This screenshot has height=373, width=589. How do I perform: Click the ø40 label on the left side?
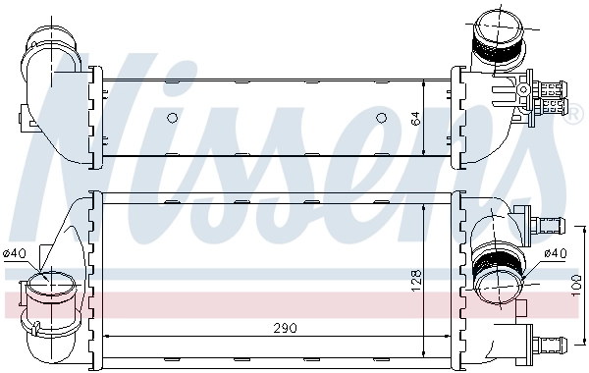click(x=14, y=255)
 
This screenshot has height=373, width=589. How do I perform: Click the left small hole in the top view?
click(x=173, y=119)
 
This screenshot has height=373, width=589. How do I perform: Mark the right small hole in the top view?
click(x=383, y=119)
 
